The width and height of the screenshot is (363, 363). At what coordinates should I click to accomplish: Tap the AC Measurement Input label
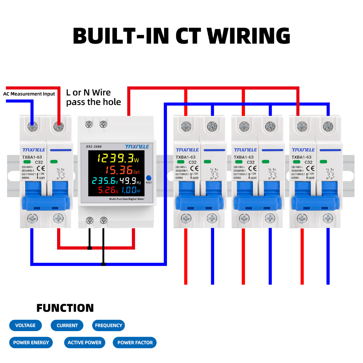coord(29,94)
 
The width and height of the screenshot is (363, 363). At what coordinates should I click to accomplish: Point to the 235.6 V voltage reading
coord(105,181)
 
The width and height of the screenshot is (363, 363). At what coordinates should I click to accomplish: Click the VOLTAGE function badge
coord(25,325)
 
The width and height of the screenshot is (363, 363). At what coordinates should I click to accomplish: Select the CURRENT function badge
coord(67,325)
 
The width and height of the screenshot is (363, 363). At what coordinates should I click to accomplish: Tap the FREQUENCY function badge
coord(108,325)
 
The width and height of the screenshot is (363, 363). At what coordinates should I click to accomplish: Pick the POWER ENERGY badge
coord(31,342)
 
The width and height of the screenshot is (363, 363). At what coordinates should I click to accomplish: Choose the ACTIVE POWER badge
coord(84,342)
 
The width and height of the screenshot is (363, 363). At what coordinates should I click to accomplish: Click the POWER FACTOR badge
coord(135,342)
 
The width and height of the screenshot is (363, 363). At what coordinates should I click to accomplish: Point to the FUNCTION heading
coord(65,308)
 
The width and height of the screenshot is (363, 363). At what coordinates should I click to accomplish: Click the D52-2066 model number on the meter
coord(94,146)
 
